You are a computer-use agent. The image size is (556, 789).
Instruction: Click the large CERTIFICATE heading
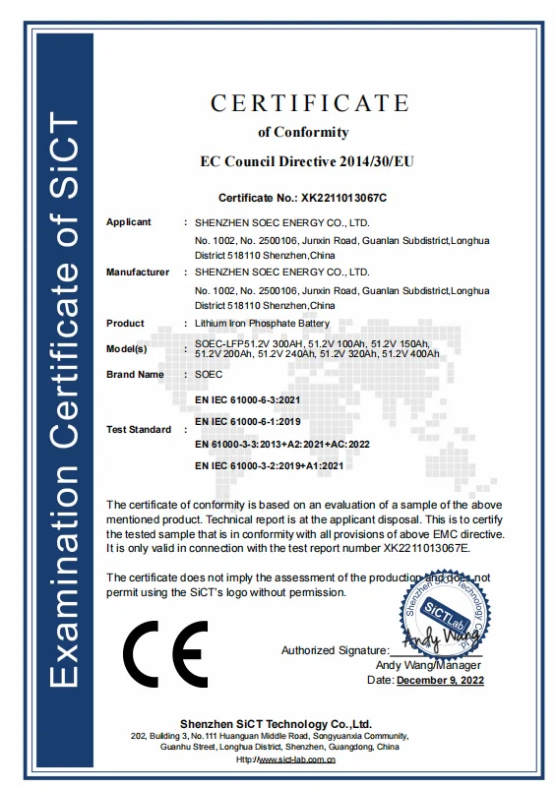(x=309, y=102)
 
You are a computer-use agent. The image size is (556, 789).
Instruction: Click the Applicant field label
(x=129, y=222)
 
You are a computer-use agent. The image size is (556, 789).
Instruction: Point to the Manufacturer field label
(x=138, y=272)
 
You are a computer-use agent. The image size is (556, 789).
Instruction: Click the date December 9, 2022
(x=440, y=680)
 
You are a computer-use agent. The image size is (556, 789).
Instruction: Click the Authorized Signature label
(x=334, y=650)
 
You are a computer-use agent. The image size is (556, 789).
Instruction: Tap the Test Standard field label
(x=139, y=430)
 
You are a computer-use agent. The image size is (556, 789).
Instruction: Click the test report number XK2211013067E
(x=424, y=546)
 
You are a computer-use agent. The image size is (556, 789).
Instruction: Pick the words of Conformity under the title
(x=303, y=132)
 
